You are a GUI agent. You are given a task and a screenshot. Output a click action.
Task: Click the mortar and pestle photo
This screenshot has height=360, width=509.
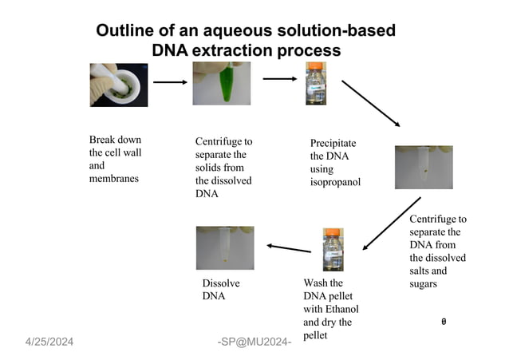click(x=118, y=84)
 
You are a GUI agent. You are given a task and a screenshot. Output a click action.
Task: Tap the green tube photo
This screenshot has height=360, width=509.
click(x=221, y=84)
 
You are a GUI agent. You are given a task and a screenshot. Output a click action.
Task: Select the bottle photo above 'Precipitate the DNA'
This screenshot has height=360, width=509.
click(x=316, y=84)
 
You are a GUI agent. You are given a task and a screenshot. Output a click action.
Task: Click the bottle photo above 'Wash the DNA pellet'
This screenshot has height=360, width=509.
click(x=333, y=249)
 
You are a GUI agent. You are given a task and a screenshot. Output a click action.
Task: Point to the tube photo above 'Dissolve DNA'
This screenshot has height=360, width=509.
click(x=224, y=247)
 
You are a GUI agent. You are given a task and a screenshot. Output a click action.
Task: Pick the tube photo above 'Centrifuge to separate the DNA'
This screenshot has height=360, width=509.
click(x=423, y=167)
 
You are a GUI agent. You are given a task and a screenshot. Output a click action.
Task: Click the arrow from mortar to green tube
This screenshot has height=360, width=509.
click(x=169, y=81)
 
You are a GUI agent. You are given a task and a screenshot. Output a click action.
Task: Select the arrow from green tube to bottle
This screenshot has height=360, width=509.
click(x=279, y=78)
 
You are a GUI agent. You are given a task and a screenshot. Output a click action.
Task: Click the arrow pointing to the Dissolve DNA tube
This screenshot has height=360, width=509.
click(x=288, y=248)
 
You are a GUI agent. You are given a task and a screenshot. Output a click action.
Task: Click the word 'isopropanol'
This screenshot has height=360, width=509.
click(x=335, y=182)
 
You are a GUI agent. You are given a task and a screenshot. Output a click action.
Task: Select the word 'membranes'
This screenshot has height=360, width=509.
click(x=114, y=179)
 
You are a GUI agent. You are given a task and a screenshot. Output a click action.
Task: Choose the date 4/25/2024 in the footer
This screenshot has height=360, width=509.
click(x=48, y=342)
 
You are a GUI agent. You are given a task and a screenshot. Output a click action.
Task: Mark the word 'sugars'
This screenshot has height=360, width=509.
click(x=424, y=284)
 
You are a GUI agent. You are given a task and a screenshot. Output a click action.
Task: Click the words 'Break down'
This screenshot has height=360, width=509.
click(x=116, y=140)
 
